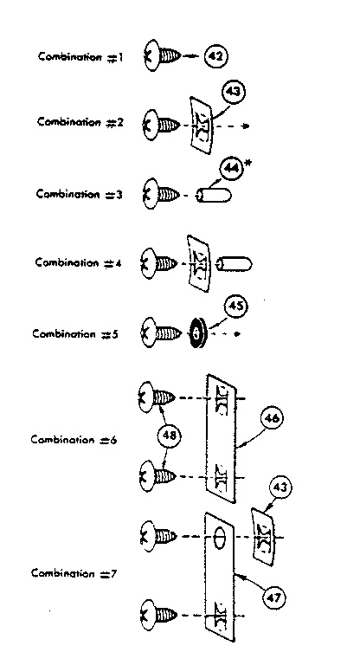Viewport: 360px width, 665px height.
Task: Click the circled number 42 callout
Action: [x=215, y=56]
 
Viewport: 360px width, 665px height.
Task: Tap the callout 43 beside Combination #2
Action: [x=234, y=92]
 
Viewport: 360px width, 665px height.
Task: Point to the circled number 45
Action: [x=235, y=306]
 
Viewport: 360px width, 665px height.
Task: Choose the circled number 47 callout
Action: [x=274, y=597]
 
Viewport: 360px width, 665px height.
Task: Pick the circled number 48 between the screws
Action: [x=168, y=436]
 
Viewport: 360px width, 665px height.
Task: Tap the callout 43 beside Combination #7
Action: [x=280, y=488]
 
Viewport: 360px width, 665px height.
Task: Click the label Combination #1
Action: [x=80, y=57]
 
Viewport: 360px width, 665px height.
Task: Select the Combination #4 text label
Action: [x=79, y=263]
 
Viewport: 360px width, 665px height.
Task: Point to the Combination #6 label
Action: [x=74, y=439]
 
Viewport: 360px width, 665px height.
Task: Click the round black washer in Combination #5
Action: [x=196, y=333]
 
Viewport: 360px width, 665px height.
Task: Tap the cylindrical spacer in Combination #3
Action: [x=213, y=196]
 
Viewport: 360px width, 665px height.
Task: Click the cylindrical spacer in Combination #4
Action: [x=234, y=264]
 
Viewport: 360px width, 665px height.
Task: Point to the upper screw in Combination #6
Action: [x=157, y=397]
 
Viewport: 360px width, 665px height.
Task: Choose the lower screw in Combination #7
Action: [x=158, y=614]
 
